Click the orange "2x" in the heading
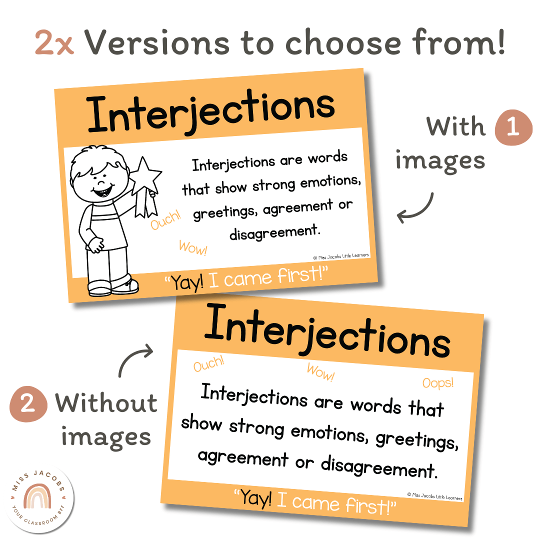pos(54,42)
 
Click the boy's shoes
pos(112,285)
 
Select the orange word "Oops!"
pos(438,383)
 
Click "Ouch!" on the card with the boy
pos(165,220)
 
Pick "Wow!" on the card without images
pos(320,372)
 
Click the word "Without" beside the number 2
pos(106,403)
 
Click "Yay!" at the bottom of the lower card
pos(256,498)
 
